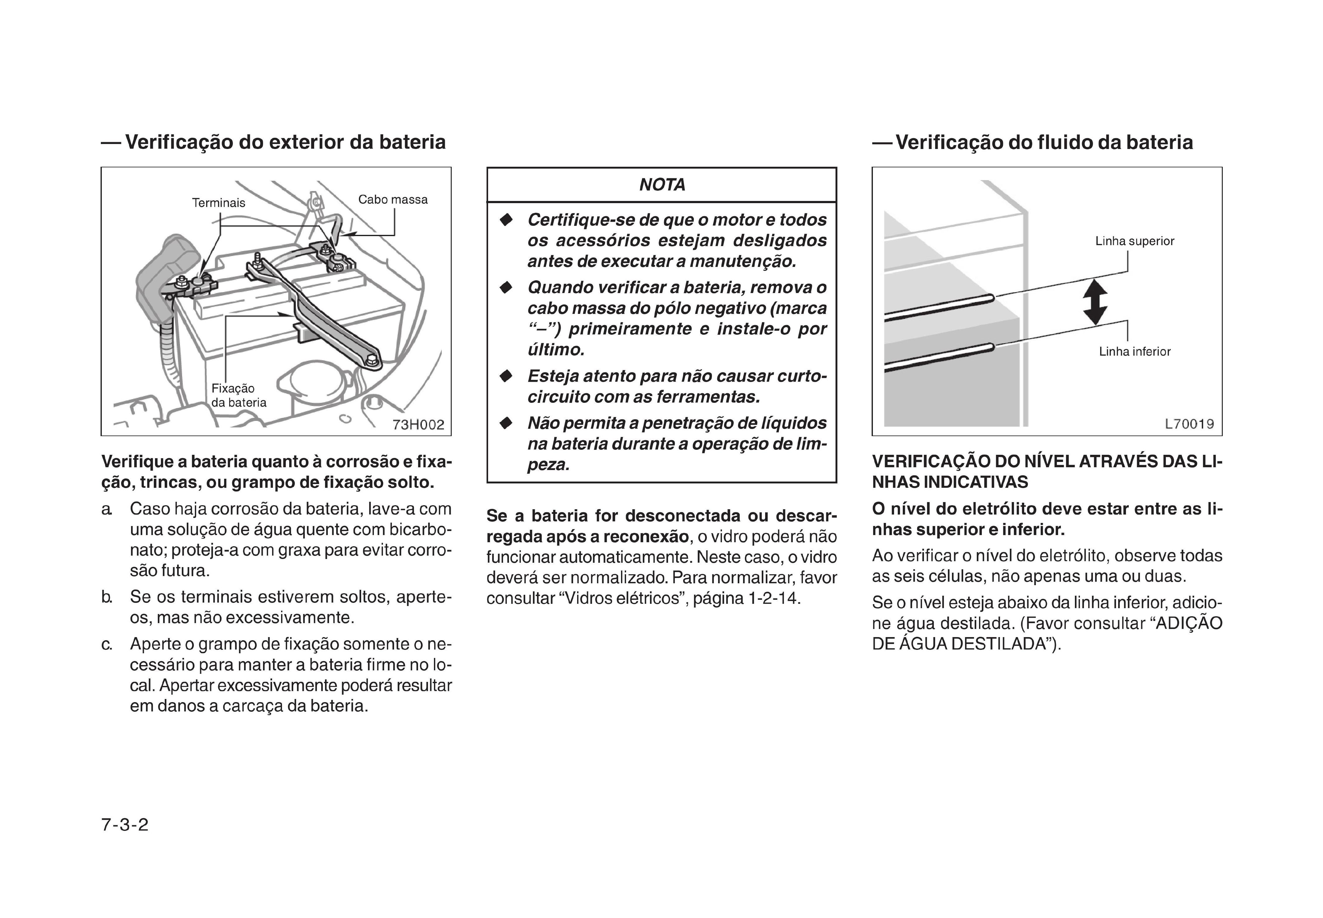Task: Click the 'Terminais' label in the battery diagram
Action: click(x=218, y=203)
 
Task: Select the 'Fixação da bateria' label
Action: click(x=238, y=395)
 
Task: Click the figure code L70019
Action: click(x=1189, y=424)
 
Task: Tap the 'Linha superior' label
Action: click(x=1134, y=241)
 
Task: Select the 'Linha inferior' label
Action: click(x=1134, y=352)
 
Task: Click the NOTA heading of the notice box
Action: click(x=662, y=185)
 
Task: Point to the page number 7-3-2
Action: click(x=125, y=825)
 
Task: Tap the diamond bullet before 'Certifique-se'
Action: click(x=506, y=220)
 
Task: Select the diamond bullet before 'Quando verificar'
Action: click(x=506, y=287)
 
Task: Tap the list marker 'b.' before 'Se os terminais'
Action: click(x=107, y=597)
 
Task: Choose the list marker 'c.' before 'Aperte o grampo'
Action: click(x=107, y=644)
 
